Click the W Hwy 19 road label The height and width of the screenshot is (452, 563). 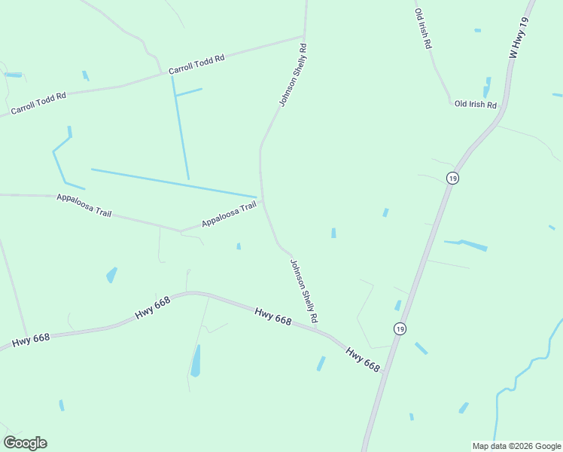tap(520, 39)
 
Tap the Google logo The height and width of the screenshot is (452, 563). tap(25, 443)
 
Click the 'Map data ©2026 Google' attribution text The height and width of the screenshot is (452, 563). tap(516, 446)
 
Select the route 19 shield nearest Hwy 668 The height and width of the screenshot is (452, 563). tap(400, 328)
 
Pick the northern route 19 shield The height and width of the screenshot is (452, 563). tap(452, 178)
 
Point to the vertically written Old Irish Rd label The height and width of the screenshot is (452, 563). tap(423, 29)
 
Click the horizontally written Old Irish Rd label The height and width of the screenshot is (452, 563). tap(476, 104)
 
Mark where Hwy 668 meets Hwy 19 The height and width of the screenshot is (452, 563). tap(385, 371)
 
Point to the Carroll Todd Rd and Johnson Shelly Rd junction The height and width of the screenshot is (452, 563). tap(303, 35)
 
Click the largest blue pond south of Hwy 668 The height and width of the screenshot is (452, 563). tap(196, 362)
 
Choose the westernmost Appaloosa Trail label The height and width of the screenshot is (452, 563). tap(84, 205)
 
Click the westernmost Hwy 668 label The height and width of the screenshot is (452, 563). tap(31, 340)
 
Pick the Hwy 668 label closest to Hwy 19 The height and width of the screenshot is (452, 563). tap(363, 359)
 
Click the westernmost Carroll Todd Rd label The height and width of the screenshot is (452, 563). tap(38, 104)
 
